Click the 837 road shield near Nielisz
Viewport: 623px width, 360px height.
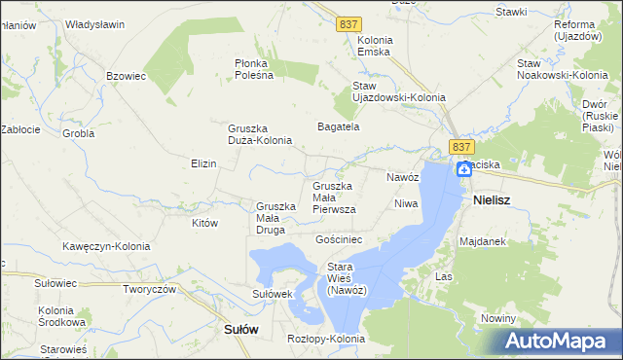pos(461,146)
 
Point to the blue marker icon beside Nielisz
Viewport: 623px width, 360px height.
pos(465,169)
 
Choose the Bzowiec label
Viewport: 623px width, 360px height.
pos(126,75)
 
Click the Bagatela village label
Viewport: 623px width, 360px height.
pos(339,126)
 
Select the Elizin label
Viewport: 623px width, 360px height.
pos(203,163)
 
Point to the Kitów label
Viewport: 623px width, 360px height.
pos(203,223)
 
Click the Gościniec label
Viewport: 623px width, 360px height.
pos(339,238)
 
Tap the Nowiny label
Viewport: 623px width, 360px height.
pos(497,318)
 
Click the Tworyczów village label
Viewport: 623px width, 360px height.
pos(148,289)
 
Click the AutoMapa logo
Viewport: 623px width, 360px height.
pos(560,342)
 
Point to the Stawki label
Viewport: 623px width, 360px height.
pos(510,12)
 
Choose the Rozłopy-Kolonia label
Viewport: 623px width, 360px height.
pos(326,339)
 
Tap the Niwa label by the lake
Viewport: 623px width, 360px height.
pos(405,203)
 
